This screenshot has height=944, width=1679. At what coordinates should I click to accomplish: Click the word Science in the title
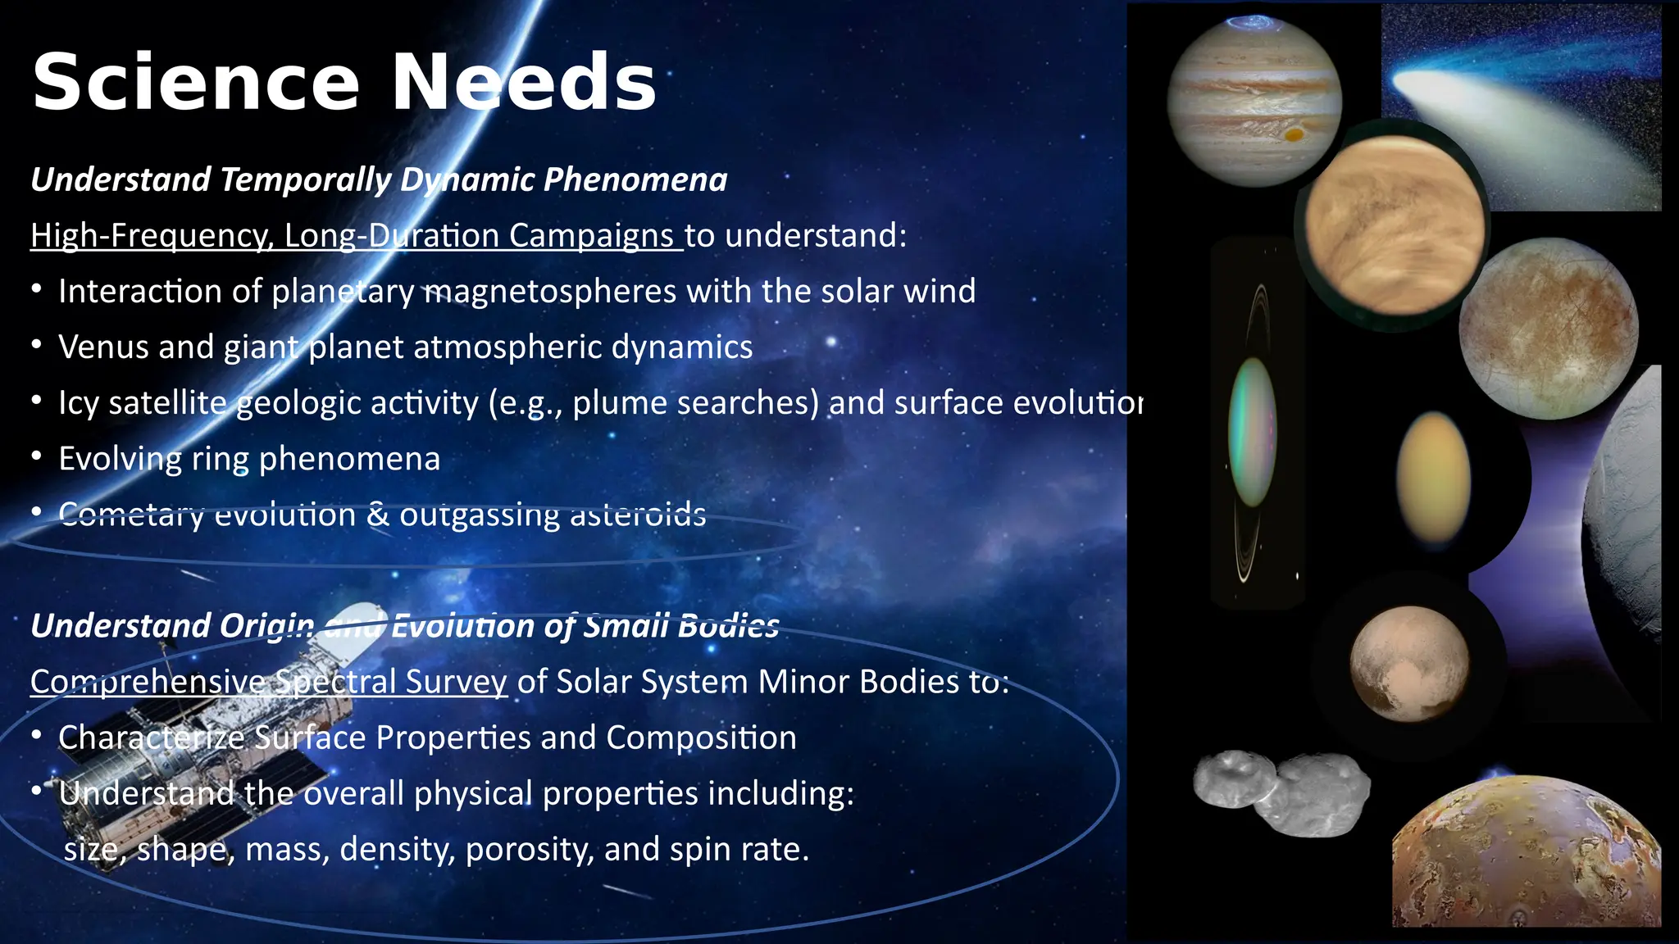click(x=195, y=82)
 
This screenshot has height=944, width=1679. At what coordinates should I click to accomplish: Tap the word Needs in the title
click(x=523, y=82)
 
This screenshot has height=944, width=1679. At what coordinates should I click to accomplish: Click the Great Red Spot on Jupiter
click(x=1295, y=134)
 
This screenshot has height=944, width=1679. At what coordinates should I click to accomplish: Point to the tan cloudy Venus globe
click(x=1394, y=225)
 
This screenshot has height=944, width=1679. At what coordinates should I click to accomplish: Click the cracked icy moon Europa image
click(x=1548, y=328)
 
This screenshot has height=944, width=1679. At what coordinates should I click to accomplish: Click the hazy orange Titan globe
click(x=1433, y=478)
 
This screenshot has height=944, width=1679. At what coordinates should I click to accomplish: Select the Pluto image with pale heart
click(x=1409, y=664)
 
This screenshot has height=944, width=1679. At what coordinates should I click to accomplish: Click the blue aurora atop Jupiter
click(x=1252, y=23)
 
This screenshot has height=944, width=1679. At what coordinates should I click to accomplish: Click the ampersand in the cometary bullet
click(x=378, y=515)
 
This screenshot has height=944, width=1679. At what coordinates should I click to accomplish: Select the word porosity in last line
click(x=529, y=850)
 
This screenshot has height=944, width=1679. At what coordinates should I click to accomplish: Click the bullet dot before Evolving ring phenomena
click(x=36, y=456)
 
